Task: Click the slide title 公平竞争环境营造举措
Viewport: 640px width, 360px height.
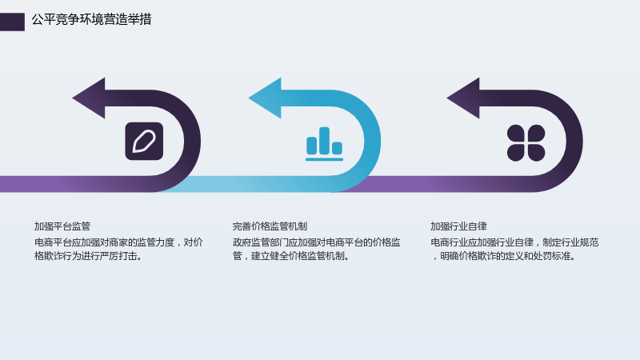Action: point(91,19)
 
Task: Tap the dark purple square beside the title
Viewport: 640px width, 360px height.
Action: point(12,22)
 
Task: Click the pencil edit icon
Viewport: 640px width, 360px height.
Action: point(144,142)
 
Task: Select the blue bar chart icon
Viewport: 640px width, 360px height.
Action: point(325,144)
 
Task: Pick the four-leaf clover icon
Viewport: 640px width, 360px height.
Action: point(526,143)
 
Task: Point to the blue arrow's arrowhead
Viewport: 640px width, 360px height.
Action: point(266,98)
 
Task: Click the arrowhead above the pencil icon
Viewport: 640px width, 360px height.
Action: point(90,98)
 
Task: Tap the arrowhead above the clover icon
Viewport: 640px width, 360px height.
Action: point(464,98)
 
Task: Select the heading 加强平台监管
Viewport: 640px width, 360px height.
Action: point(62,226)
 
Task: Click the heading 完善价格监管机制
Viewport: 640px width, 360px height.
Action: point(270,226)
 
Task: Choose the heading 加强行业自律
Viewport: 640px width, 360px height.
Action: point(458,226)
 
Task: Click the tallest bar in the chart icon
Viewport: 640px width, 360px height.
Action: point(325,141)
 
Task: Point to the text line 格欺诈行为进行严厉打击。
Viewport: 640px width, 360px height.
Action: point(88,256)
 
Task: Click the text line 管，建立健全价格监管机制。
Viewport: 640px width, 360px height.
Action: point(291,256)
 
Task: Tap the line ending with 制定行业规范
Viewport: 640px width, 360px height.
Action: point(514,242)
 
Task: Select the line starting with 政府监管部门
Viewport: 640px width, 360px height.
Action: point(316,242)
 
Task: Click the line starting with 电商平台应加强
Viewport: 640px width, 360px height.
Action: point(118,242)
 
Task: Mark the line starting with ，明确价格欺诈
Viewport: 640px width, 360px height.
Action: point(504,256)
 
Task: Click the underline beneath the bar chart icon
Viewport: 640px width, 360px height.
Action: point(325,159)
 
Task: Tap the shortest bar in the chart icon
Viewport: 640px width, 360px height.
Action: point(337,148)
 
